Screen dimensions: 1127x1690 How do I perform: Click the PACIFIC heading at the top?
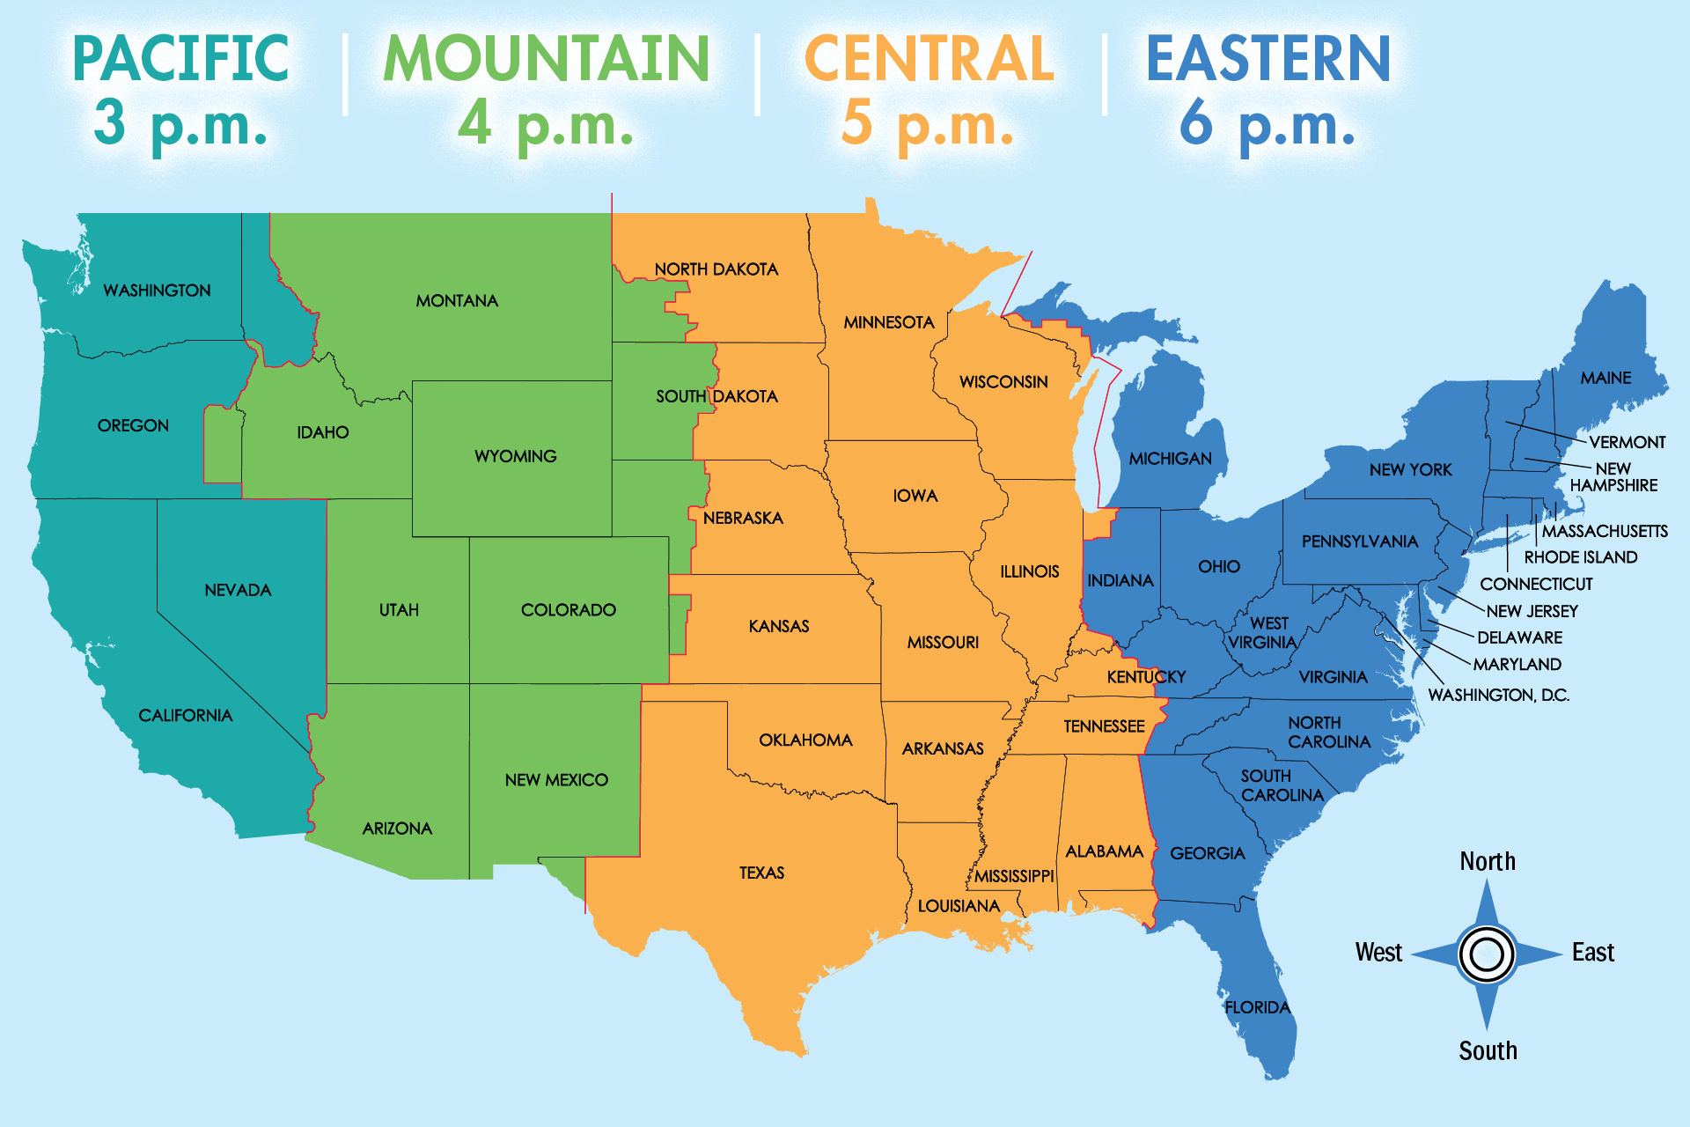[180, 58]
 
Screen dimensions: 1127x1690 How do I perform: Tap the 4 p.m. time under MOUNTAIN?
[546, 123]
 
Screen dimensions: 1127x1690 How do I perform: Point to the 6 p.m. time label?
[1267, 123]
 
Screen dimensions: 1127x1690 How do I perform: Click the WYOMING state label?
[516, 456]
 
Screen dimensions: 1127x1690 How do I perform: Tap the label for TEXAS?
[761, 873]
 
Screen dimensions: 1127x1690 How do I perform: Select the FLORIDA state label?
[1257, 1007]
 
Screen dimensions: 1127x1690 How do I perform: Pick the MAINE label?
[1605, 378]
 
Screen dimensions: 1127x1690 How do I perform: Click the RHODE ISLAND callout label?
[1581, 557]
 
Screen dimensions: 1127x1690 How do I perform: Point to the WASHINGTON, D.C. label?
[1498, 695]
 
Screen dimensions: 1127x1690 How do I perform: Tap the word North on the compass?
[1488, 861]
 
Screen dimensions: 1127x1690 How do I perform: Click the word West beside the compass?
[1378, 952]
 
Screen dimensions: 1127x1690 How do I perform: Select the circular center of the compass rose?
[1487, 954]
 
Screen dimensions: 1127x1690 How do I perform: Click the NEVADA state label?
[238, 590]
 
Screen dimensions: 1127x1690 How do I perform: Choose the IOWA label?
[915, 496]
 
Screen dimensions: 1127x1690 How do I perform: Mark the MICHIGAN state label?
[1171, 459]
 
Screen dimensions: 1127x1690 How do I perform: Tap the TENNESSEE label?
[1104, 726]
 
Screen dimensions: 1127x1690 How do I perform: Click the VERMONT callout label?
[1627, 442]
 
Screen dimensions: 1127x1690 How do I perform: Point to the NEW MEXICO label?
[556, 780]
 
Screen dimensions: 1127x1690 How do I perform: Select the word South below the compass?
[1488, 1050]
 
